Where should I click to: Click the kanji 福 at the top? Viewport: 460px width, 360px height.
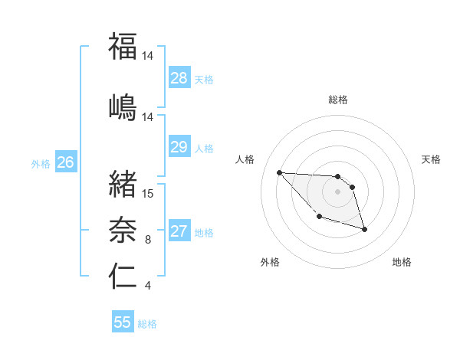pyautogui.click(x=123, y=46)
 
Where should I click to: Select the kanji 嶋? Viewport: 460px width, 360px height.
pyautogui.click(x=123, y=106)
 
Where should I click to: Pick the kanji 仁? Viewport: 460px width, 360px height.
pyautogui.click(x=123, y=276)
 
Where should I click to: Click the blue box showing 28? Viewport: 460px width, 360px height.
pyautogui.click(x=179, y=78)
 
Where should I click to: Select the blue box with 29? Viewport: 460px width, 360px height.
pyautogui.click(x=179, y=147)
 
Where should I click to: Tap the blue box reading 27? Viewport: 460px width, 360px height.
pyautogui.click(x=179, y=232)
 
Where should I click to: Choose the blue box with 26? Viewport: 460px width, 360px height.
pyautogui.click(x=66, y=162)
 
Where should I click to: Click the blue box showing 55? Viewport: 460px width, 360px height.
pyautogui.click(x=123, y=322)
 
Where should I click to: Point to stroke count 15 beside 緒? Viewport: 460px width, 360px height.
pyautogui.click(x=148, y=193)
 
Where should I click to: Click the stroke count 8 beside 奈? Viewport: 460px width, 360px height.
pyautogui.click(x=148, y=240)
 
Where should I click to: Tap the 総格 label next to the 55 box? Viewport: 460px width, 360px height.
pyautogui.click(x=147, y=324)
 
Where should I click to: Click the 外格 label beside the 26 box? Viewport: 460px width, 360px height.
pyautogui.click(x=41, y=163)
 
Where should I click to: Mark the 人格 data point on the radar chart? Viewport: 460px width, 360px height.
pyautogui.click(x=279, y=172)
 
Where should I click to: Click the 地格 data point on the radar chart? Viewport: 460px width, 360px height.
pyautogui.click(x=364, y=229)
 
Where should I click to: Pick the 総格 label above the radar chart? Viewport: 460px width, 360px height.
pyautogui.click(x=338, y=100)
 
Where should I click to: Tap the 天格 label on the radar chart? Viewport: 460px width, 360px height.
pyautogui.click(x=432, y=159)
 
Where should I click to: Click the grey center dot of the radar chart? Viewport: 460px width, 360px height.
pyautogui.click(x=337, y=191)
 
